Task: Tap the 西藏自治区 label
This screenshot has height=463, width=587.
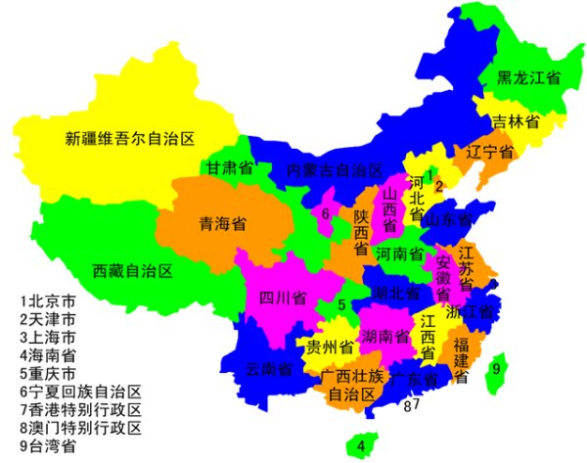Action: click(x=132, y=270)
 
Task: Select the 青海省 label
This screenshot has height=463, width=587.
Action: click(x=222, y=223)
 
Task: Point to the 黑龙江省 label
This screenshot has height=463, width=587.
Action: click(x=528, y=77)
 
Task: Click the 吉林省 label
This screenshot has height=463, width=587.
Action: click(x=516, y=122)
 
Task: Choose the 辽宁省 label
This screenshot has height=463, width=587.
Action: click(x=489, y=153)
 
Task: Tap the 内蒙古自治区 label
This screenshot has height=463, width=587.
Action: click(x=334, y=169)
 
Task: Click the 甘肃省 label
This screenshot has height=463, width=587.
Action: click(x=229, y=168)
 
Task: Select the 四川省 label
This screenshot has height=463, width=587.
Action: click(x=283, y=297)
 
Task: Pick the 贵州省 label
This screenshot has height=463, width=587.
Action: click(x=330, y=347)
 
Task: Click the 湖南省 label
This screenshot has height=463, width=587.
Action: click(x=384, y=337)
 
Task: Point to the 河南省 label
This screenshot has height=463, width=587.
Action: click(x=399, y=255)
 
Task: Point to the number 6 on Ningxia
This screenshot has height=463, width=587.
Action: click(x=324, y=212)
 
